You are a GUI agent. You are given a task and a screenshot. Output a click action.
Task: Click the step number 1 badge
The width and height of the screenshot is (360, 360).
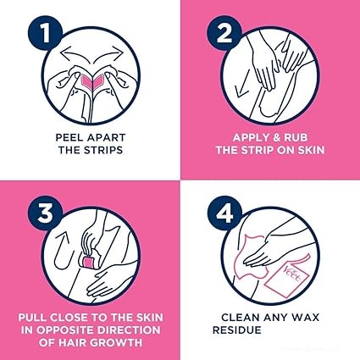click(x=45, y=34)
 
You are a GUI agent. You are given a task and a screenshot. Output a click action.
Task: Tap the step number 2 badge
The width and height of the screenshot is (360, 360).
click(x=224, y=34)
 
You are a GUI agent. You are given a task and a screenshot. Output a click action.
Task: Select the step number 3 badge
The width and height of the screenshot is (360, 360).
click(x=45, y=213)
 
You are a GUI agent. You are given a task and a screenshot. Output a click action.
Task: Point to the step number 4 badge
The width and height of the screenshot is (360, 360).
click(x=224, y=213)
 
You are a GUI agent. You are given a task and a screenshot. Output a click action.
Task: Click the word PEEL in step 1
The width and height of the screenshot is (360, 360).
click(x=69, y=138)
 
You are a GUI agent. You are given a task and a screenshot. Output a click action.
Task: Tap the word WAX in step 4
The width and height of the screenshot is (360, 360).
click(x=305, y=318)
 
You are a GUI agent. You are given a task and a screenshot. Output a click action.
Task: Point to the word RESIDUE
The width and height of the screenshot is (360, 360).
click(x=237, y=330)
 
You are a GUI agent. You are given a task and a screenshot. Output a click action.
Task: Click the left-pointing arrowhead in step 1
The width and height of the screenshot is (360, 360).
click(x=64, y=53)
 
